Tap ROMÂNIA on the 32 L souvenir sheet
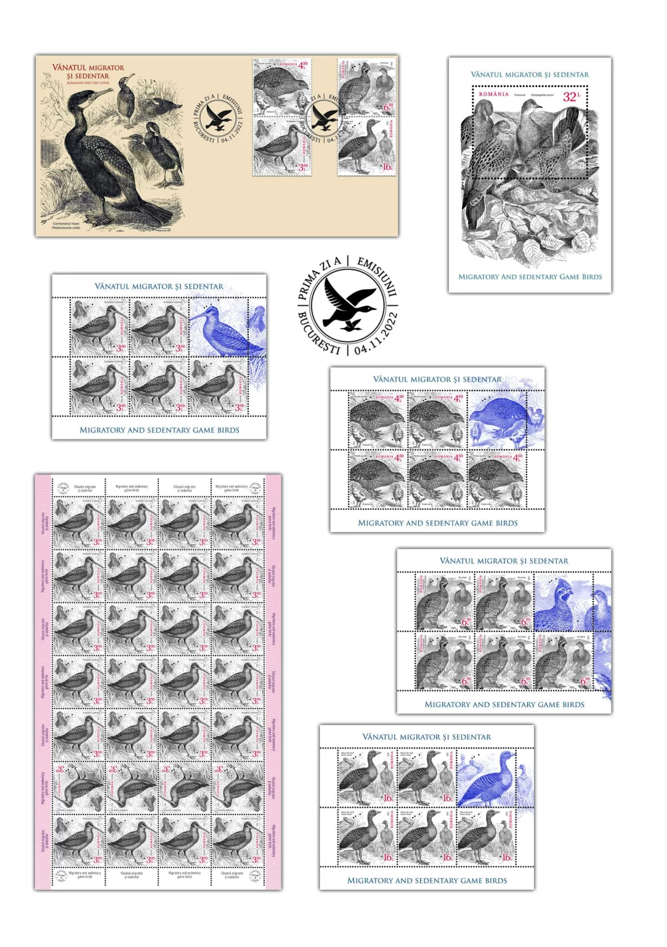click(x=494, y=94)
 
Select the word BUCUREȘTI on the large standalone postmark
click(x=317, y=334)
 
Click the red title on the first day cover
click(x=88, y=72)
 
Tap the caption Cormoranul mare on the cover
click(x=66, y=224)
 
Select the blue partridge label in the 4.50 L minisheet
click(x=499, y=419)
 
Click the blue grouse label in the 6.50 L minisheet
click(x=563, y=601)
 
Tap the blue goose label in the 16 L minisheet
click(x=487, y=777)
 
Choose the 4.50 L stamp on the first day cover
click(x=282, y=87)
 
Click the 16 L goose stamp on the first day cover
click(x=366, y=147)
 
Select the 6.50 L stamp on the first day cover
click(x=366, y=87)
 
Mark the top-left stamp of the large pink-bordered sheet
click(x=78, y=523)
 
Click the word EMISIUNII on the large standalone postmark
click(x=378, y=276)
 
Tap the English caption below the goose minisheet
click(x=427, y=880)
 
